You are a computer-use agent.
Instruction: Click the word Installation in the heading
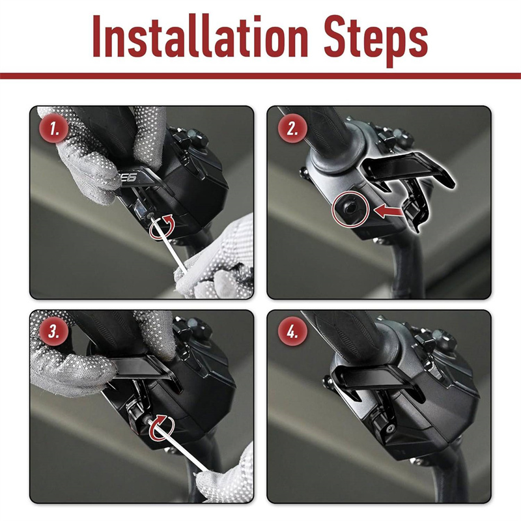pyautogui.click(x=201, y=36)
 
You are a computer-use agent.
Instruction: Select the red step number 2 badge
pyautogui.click(x=292, y=128)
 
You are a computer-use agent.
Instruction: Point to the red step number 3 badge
pyautogui.click(x=54, y=331)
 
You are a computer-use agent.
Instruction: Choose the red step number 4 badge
pyautogui.click(x=292, y=331)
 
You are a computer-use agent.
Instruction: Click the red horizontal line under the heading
pyautogui.click(x=260, y=76)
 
